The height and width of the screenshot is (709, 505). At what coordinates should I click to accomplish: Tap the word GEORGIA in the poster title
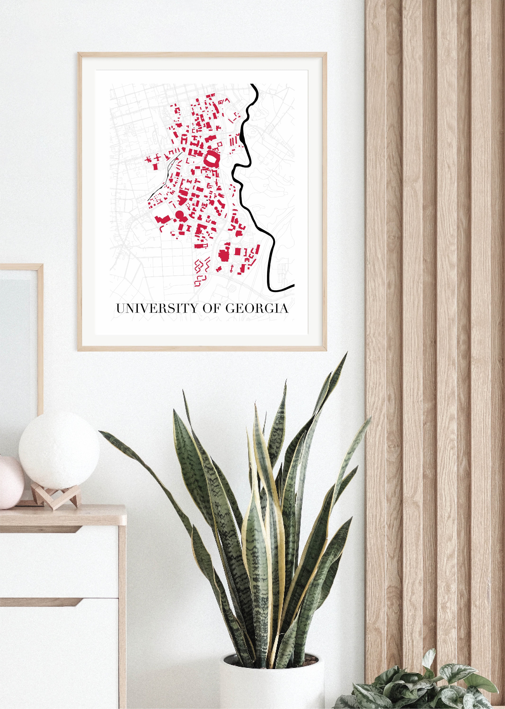coord(257,308)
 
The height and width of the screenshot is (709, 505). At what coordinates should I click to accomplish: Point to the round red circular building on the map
coord(180,214)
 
